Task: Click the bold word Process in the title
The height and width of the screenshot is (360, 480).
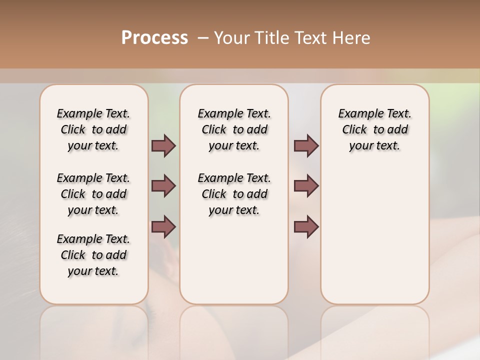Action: coord(154,37)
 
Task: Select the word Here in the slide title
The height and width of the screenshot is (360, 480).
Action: coord(351,38)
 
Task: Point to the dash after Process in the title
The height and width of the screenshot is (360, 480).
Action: coord(203,38)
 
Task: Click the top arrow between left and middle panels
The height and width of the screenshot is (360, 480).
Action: coord(163,146)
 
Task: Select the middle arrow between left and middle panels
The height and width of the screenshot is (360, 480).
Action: coord(163,186)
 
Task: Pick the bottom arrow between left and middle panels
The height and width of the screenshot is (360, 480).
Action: coord(163,226)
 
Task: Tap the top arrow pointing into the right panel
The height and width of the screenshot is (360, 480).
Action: coord(306,146)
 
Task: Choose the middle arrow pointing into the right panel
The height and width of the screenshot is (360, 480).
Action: coord(306,186)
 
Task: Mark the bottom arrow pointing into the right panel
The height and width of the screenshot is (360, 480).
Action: coord(306,226)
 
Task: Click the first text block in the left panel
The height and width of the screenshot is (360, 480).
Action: coord(93,129)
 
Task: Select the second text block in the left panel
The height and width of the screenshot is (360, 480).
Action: coord(93,194)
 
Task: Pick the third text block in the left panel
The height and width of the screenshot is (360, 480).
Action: coord(93,255)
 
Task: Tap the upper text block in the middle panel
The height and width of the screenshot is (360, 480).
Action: coord(234,129)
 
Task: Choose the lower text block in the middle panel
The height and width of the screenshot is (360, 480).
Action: coord(234,194)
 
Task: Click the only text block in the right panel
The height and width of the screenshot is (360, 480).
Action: coord(374,129)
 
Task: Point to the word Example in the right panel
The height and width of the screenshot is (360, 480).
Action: coord(357,114)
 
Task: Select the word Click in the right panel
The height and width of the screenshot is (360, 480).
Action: coord(354,130)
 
